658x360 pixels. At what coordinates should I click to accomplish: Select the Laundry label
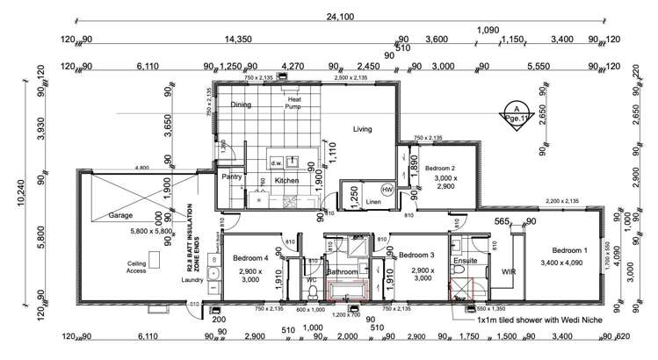192,281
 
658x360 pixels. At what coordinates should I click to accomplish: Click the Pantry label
232,176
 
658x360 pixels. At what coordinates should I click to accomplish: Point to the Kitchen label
286,181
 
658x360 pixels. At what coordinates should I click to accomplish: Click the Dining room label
241,105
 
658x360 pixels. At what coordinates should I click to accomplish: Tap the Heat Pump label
294,104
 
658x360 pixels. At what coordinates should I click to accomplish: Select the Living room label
362,129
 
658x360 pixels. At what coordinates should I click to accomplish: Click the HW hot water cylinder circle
387,190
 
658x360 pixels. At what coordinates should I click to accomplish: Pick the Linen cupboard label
372,204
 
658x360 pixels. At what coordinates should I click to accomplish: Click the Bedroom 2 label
439,168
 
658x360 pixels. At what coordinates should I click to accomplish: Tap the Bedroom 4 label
251,259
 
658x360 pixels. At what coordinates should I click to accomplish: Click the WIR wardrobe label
508,273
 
